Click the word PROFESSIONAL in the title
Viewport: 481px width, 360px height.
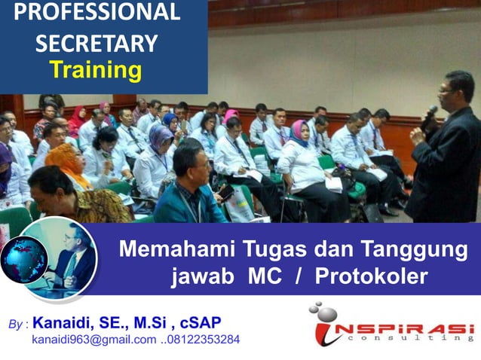pos(97,13)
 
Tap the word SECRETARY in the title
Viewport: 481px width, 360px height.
pos(97,43)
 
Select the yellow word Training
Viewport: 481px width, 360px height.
pos(96,70)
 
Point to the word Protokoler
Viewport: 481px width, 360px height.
pos(371,276)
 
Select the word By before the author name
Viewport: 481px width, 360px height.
pos(15,325)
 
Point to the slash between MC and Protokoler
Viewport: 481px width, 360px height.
pos(299,276)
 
